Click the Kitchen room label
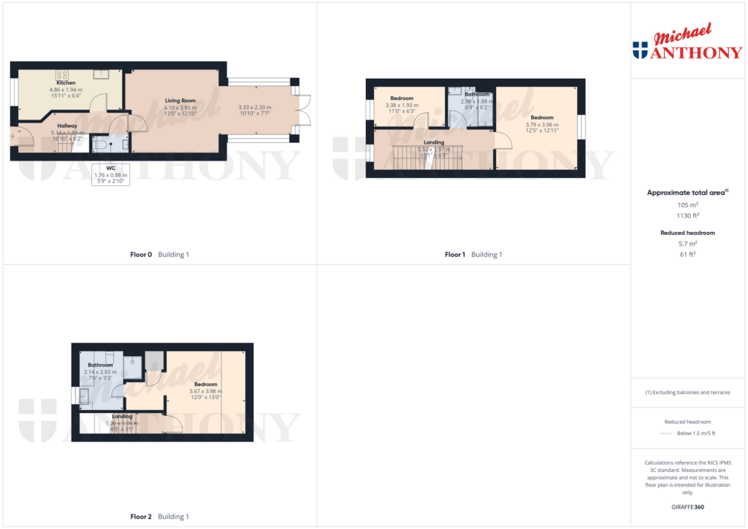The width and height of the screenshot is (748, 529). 66,83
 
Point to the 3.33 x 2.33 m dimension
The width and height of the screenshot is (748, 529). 255,107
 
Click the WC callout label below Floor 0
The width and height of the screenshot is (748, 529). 110,168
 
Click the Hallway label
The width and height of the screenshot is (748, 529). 67,126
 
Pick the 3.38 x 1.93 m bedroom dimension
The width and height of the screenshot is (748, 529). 402,105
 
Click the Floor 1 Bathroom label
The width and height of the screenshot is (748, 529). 477,94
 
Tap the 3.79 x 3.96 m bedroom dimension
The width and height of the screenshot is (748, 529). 542,124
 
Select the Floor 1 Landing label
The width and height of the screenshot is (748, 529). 434,142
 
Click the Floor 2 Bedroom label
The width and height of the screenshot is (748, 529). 205,384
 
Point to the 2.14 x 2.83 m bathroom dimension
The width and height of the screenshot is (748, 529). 100,371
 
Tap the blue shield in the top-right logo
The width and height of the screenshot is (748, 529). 640,50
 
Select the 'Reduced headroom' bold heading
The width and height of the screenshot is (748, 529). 687,233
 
